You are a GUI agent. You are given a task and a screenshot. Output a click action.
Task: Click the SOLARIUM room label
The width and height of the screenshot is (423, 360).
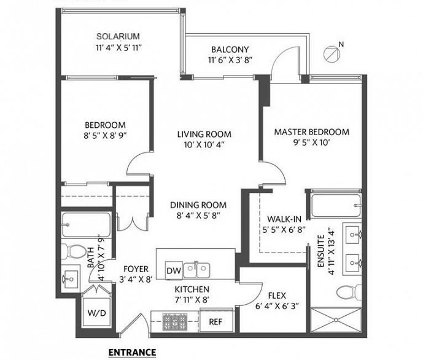(118, 36)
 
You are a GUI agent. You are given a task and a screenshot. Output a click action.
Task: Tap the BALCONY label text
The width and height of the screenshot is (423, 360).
(230, 50)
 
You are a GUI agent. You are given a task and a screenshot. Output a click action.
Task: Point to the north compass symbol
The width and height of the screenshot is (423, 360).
(332, 53)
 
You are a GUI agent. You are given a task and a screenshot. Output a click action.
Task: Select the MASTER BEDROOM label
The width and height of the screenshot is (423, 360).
(312, 132)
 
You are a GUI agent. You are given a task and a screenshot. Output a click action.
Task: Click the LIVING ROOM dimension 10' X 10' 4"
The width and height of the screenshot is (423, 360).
(204, 145)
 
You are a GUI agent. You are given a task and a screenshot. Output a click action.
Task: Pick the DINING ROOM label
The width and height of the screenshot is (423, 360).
(198, 205)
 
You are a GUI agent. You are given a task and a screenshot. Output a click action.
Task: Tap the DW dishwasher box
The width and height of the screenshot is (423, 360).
(174, 270)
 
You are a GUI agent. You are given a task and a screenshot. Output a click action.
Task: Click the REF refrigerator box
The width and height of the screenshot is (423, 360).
(216, 321)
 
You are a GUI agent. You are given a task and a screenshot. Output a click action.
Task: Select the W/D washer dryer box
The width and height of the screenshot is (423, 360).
(96, 313)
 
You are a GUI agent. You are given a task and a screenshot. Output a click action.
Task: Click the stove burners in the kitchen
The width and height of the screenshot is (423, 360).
(175, 322)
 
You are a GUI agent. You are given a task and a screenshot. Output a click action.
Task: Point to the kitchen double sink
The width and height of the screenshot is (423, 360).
(196, 270)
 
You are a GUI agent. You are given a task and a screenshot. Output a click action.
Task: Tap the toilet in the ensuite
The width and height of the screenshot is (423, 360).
(349, 292)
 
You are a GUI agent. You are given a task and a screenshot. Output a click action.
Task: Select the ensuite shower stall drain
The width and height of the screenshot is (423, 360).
(336, 320)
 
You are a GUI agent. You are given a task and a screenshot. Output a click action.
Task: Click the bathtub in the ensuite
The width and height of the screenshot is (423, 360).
(336, 206)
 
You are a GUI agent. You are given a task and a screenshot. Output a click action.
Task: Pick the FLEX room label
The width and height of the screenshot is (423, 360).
(277, 295)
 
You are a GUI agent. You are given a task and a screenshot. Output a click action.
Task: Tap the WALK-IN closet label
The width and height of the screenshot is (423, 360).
(284, 219)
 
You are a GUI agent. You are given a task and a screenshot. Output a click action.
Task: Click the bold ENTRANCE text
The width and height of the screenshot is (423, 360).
(132, 353)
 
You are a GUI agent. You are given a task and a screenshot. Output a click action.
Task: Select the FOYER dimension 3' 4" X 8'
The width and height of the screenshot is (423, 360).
(136, 280)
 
